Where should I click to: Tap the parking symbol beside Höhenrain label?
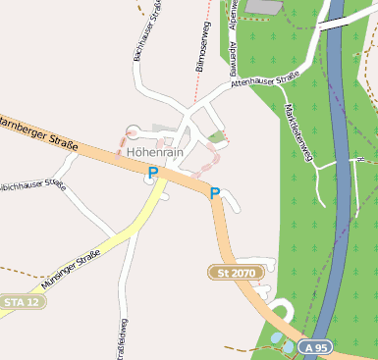[x=152, y=173]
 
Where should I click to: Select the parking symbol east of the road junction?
[x=214, y=193]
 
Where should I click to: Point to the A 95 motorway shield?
[x=314, y=348]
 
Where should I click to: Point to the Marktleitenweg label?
[x=297, y=132]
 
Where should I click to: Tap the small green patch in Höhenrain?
[x=217, y=136]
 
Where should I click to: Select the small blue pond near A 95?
[x=277, y=336]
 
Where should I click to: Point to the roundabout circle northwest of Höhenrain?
[x=134, y=129]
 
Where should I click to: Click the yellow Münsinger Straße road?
[x=118, y=236]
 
